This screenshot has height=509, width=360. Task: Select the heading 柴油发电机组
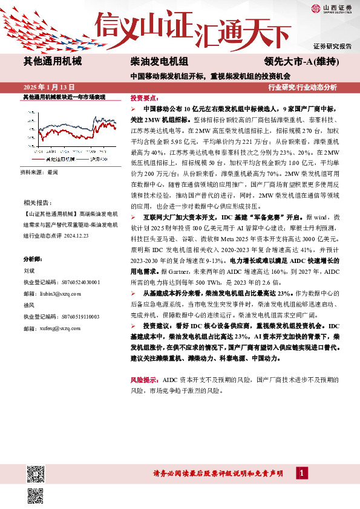159,62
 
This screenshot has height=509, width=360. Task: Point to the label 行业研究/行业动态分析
310,87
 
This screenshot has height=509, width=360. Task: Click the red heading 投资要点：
146,97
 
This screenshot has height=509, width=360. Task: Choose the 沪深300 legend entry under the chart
97,159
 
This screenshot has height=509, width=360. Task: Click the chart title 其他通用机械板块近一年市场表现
64,97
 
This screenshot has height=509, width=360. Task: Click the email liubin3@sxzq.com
61,293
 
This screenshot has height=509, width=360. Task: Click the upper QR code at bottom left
36,475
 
